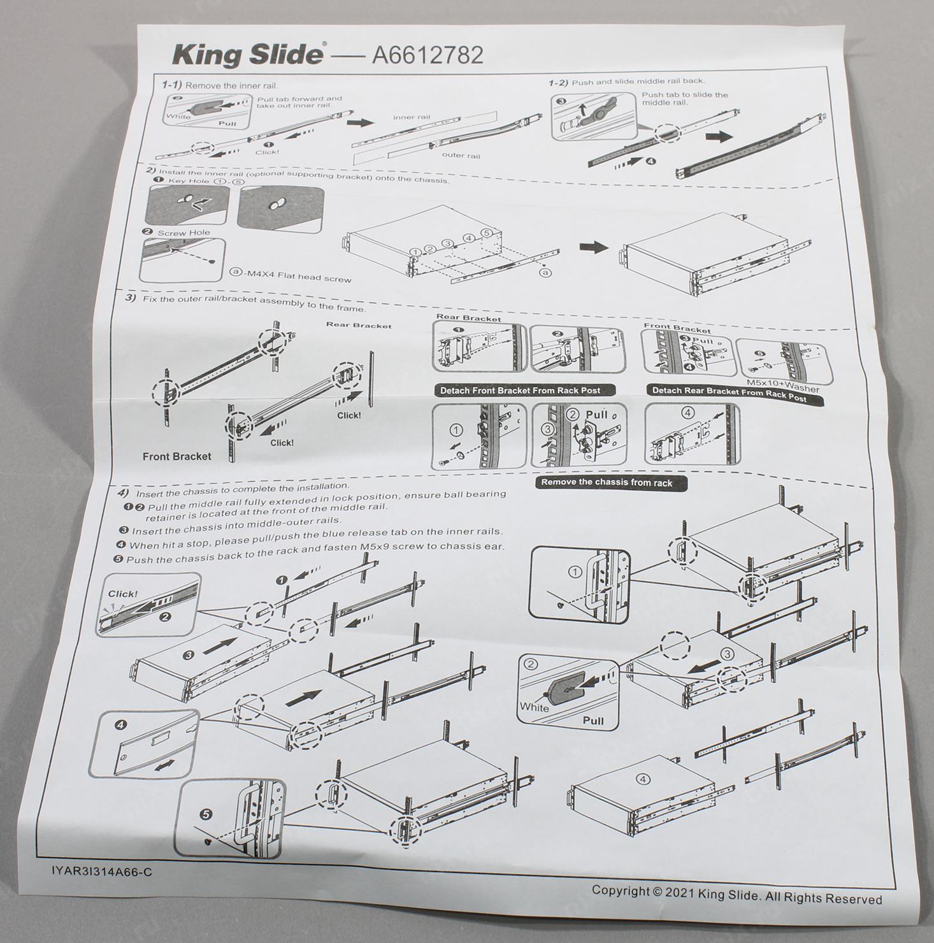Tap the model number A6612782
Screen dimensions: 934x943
(x=427, y=55)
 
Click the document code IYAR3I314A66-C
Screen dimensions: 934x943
(x=102, y=872)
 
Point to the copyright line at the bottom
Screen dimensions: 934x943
(x=737, y=895)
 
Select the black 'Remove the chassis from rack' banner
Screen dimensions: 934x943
(x=607, y=482)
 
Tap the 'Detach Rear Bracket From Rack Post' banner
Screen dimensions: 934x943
(x=729, y=393)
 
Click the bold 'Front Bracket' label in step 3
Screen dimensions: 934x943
(x=176, y=456)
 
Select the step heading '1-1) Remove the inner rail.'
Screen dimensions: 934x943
(x=219, y=85)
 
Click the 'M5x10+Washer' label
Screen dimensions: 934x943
(x=782, y=385)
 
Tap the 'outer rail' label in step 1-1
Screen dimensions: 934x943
(x=461, y=155)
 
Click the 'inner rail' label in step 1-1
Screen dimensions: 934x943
(x=412, y=117)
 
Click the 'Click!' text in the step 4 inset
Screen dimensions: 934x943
(x=122, y=594)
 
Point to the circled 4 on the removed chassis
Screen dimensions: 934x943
(x=643, y=779)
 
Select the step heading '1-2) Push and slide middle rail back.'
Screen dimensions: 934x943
(x=627, y=82)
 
